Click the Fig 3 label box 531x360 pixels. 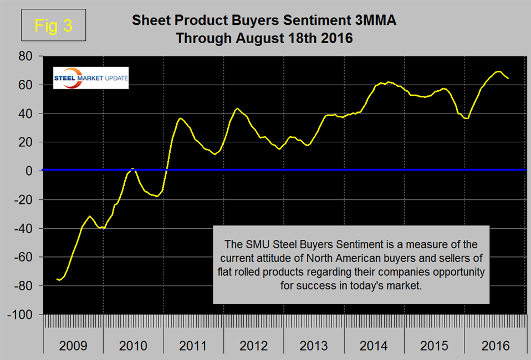click(53, 26)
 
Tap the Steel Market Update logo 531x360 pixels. click(90, 78)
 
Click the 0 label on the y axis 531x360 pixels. click(32, 171)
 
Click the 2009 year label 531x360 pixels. click(73, 346)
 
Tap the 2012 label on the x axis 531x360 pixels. click(254, 346)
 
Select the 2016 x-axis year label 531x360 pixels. click(495, 346)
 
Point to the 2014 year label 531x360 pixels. click(374, 346)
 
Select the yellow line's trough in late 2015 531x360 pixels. click(467, 118)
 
